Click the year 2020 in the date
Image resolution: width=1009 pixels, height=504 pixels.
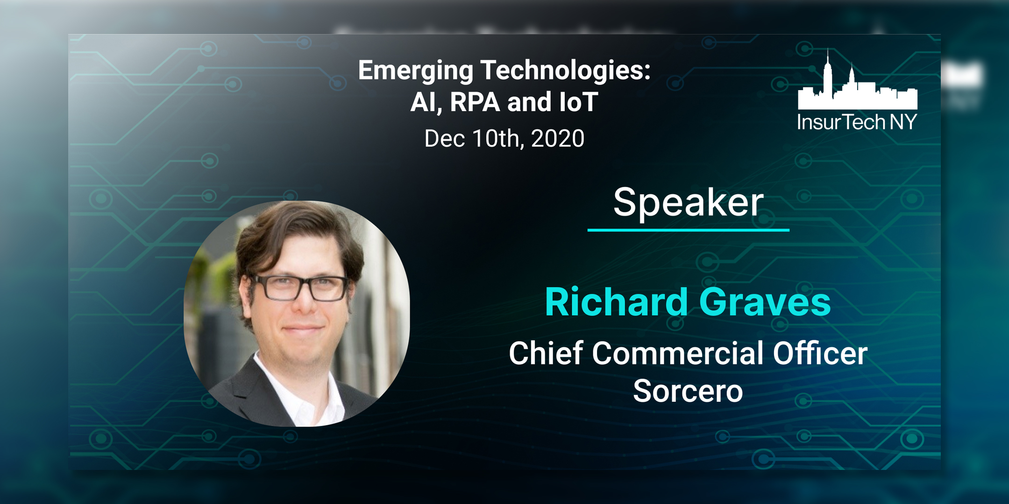click(x=557, y=139)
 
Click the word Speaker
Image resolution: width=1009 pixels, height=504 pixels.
click(x=688, y=203)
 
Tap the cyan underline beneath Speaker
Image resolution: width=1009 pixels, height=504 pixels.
click(x=688, y=230)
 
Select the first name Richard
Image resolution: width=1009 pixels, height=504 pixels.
click(x=616, y=302)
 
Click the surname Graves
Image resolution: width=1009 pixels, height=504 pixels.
click(x=765, y=302)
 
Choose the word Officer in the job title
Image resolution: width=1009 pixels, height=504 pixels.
click(x=820, y=353)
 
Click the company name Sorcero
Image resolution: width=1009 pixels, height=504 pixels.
click(x=688, y=391)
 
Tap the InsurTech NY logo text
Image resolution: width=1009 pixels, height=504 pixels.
click(x=857, y=122)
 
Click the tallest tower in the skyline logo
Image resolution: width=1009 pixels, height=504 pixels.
click(x=828, y=75)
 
